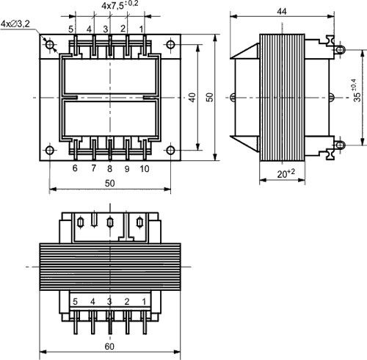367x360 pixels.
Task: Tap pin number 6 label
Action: point(74,168)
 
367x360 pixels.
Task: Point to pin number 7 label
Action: point(93,168)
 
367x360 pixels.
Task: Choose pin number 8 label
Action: point(109,168)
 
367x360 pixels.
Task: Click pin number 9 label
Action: point(126,168)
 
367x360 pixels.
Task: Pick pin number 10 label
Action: point(144,168)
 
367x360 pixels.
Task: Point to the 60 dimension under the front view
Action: point(109,347)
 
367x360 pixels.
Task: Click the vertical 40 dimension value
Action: point(192,98)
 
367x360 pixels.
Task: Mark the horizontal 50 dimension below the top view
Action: point(109,181)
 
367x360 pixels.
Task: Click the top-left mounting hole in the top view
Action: point(51,46)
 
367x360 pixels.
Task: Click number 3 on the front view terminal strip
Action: point(109,301)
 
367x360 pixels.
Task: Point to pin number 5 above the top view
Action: point(71,29)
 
